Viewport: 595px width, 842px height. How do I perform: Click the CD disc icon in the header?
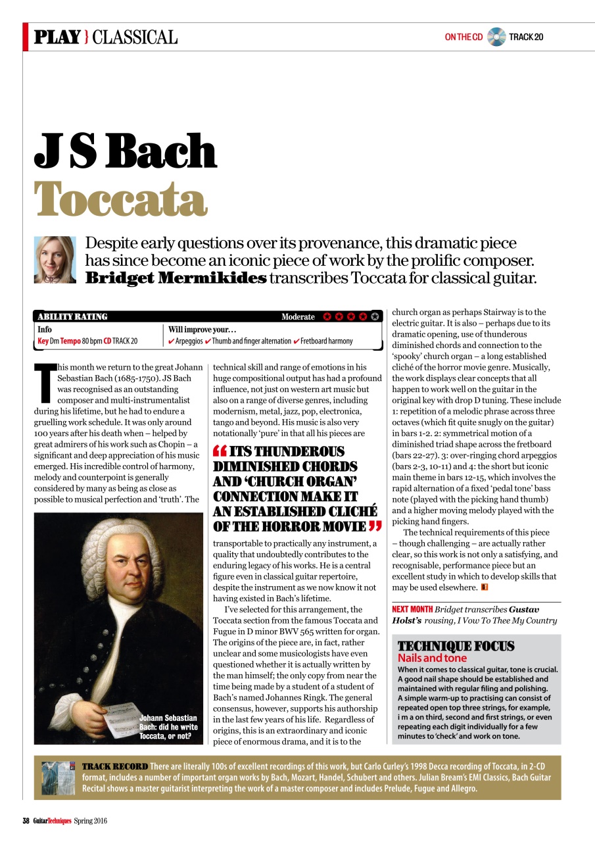pyautogui.click(x=496, y=37)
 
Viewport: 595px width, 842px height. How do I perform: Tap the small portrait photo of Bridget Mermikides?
pyautogui.click(x=55, y=260)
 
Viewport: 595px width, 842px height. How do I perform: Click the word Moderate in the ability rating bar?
pyautogui.click(x=298, y=317)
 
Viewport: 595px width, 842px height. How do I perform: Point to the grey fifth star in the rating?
pyautogui.click(x=375, y=317)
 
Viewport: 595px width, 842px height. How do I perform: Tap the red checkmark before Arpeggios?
pyautogui.click(x=172, y=341)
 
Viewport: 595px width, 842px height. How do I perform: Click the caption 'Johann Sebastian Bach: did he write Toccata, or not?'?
pyautogui.click(x=168, y=727)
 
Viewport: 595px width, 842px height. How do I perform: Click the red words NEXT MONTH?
pyautogui.click(x=412, y=610)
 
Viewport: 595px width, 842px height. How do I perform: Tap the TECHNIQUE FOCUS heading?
pyautogui.click(x=456, y=646)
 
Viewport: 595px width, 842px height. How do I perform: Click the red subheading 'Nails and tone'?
pyautogui.click(x=432, y=658)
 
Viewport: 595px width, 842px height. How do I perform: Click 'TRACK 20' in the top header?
pyautogui.click(x=526, y=37)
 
